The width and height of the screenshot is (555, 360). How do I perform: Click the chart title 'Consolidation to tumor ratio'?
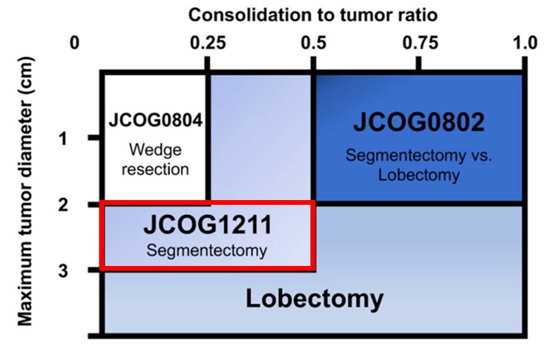tap(313, 15)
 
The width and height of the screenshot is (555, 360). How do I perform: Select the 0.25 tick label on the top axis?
tap(208, 43)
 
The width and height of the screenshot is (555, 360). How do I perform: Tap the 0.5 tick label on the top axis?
tap(314, 43)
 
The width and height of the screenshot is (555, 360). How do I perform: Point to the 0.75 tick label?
tap(420, 43)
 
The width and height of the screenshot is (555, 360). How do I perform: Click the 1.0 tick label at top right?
tap(525, 43)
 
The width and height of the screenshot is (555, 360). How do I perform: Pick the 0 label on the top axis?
tap(74, 43)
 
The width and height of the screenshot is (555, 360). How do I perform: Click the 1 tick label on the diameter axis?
tap(63, 138)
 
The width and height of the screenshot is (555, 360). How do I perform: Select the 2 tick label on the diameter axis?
tap(63, 205)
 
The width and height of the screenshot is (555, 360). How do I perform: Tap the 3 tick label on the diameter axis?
tap(63, 271)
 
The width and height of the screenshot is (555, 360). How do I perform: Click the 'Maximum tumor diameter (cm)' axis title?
tap(25, 191)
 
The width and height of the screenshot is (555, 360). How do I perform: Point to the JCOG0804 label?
tap(156, 120)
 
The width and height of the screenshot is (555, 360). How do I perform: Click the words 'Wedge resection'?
tap(156, 160)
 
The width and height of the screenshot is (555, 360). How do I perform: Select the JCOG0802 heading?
tap(418, 122)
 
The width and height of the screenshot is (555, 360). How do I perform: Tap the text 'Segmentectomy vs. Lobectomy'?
tap(418, 165)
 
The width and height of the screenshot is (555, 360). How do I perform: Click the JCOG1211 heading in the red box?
tap(207, 225)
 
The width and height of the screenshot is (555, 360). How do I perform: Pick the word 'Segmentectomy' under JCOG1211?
tap(207, 250)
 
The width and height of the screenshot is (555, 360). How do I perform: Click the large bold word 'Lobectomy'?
tap(315, 299)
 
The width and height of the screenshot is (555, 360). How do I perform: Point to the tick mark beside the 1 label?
tap(94, 138)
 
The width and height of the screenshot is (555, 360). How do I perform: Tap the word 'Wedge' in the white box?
tap(156, 150)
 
